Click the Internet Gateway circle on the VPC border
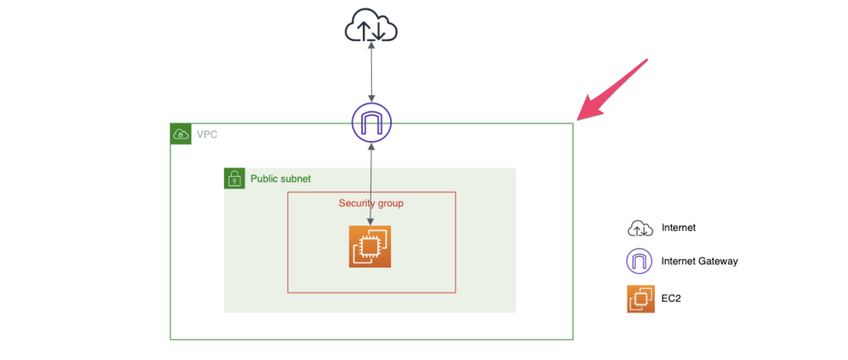371,123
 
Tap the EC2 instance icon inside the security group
370,246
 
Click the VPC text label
207,134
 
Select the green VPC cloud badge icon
181,134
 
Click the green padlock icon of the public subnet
234,178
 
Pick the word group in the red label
391,203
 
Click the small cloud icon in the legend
640,228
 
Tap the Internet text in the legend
679,228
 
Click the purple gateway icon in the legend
639,261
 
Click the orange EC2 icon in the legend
640,299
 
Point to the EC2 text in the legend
671,299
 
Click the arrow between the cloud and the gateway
371,72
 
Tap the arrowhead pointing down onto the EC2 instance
370,222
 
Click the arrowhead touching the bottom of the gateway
371,147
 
